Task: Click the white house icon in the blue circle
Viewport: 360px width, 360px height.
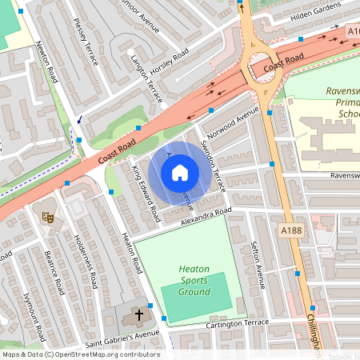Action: pos(180,173)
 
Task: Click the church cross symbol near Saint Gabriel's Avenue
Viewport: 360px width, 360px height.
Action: pos(138,315)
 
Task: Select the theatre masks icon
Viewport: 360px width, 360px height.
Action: pos(47,216)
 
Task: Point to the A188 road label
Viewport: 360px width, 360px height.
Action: pos(292,230)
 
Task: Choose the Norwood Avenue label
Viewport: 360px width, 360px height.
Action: pos(233,122)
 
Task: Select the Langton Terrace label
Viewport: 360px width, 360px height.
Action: pos(150,80)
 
